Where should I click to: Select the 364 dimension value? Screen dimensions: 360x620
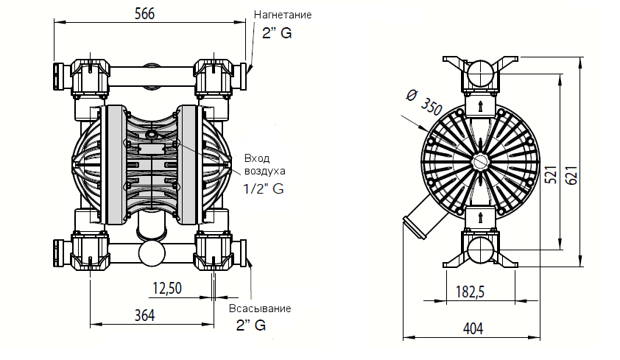[x=145, y=316]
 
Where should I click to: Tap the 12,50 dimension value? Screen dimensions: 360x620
[x=167, y=288]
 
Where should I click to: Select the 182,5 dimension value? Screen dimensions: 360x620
[x=470, y=292]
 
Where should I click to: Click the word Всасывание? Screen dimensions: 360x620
[x=260, y=308]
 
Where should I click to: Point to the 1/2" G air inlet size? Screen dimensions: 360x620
[x=263, y=188]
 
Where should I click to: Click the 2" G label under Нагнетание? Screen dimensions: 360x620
[x=277, y=33]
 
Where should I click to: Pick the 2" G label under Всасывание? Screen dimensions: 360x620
[x=250, y=325]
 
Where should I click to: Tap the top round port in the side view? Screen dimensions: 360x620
[x=480, y=74]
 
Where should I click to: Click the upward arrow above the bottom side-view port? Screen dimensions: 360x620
[x=480, y=217]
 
